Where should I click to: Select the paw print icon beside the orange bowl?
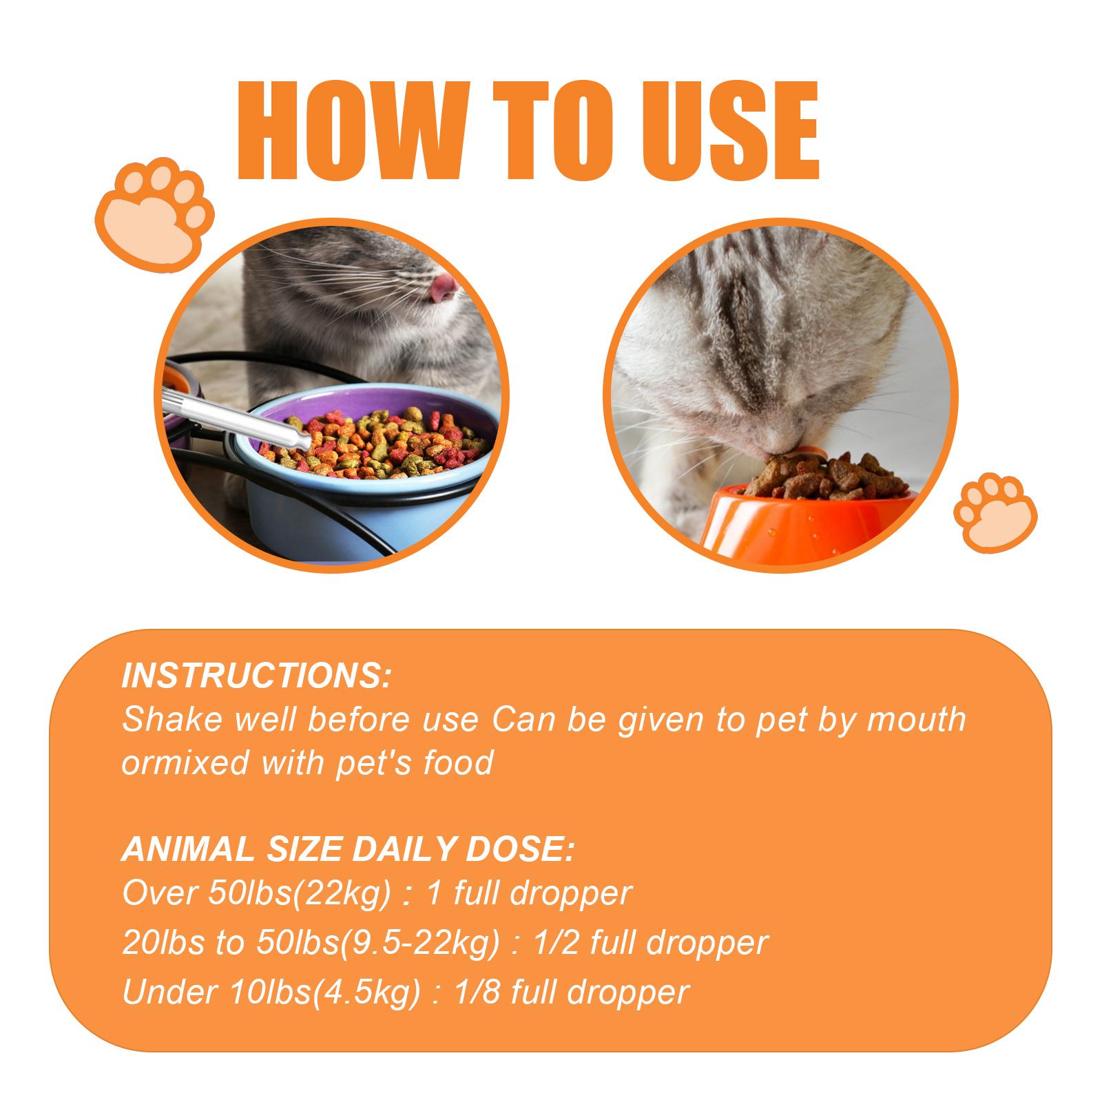pos(995,512)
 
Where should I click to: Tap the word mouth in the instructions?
pos(916,720)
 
